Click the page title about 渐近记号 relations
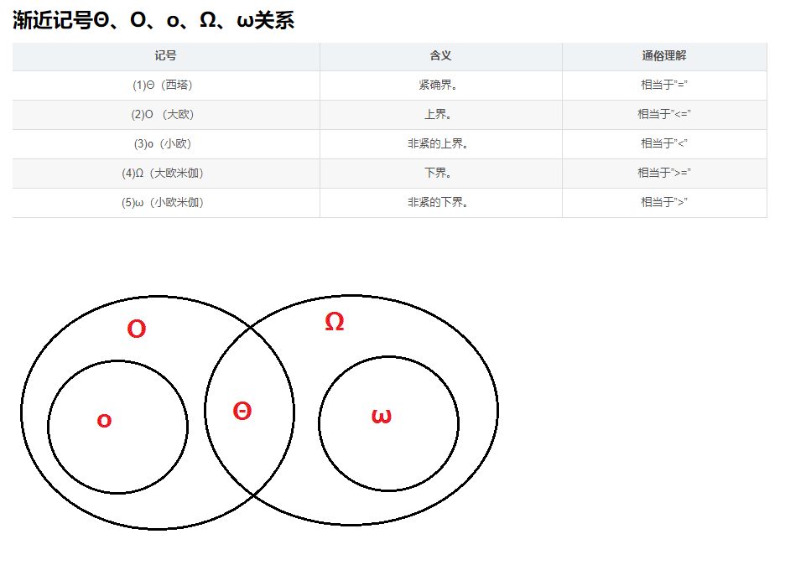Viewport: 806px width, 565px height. pos(153,21)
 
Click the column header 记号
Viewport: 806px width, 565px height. pos(165,56)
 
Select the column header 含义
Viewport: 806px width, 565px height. pos(440,56)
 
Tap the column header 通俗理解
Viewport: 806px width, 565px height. pos(663,56)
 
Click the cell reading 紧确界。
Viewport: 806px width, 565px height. pos(440,85)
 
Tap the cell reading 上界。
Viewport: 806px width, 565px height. pos(440,114)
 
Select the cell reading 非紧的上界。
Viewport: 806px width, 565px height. pos(440,143)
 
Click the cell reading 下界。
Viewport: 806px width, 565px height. pos(440,173)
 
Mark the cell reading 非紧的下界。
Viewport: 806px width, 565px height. pos(440,202)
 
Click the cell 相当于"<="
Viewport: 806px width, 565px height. pos(663,114)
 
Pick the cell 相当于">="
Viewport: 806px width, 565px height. pos(663,173)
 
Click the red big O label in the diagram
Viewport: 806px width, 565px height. pos(137,329)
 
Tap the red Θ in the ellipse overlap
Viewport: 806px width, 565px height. pos(242,412)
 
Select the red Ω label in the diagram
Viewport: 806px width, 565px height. pos(334,322)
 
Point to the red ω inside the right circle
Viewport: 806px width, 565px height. pos(381,416)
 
